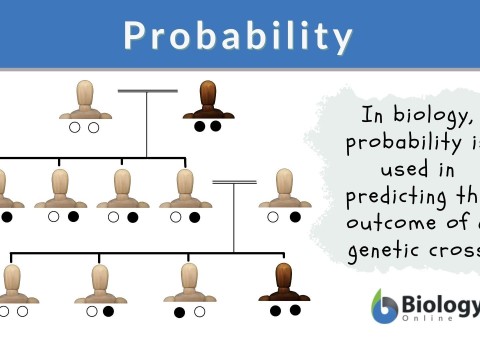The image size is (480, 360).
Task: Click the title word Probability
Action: pos(239,36)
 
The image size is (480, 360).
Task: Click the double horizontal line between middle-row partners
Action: pos(234,183)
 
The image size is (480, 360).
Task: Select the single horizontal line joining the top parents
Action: pos(147,92)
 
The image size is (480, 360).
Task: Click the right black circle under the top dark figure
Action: pos(216,127)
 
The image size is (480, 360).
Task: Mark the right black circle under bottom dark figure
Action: pos(294,311)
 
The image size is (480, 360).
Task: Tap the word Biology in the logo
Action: pos(436,301)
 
